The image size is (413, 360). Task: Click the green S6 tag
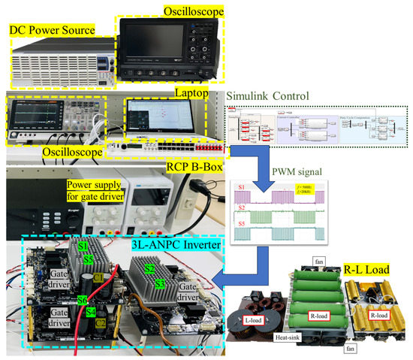82,300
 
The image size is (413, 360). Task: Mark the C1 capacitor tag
99,277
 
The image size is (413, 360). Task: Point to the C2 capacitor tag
99,322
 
